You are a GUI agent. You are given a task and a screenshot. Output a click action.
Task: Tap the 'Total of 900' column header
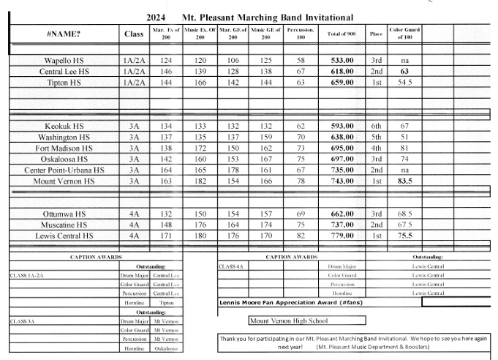(342, 34)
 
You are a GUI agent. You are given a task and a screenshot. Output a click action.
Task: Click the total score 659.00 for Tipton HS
(342, 83)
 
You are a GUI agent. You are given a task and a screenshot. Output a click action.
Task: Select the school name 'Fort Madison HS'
(64, 148)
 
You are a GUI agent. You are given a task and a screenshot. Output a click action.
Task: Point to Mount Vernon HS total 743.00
(342, 181)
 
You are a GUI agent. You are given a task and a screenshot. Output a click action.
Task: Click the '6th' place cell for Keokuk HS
(376, 126)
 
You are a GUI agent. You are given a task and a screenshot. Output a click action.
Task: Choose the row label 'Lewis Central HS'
(64, 236)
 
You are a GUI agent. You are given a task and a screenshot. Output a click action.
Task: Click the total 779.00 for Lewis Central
(342, 236)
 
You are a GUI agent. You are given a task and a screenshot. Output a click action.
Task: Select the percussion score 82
(300, 236)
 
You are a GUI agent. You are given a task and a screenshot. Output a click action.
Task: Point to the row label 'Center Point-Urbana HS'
(64, 170)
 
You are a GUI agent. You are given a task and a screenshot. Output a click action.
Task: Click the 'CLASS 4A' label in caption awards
(231, 266)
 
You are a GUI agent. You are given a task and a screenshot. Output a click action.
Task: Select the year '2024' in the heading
(156, 18)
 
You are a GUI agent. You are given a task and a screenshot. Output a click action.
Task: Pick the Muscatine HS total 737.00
(342, 225)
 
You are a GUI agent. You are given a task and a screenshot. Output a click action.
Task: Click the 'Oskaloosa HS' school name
(64, 159)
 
